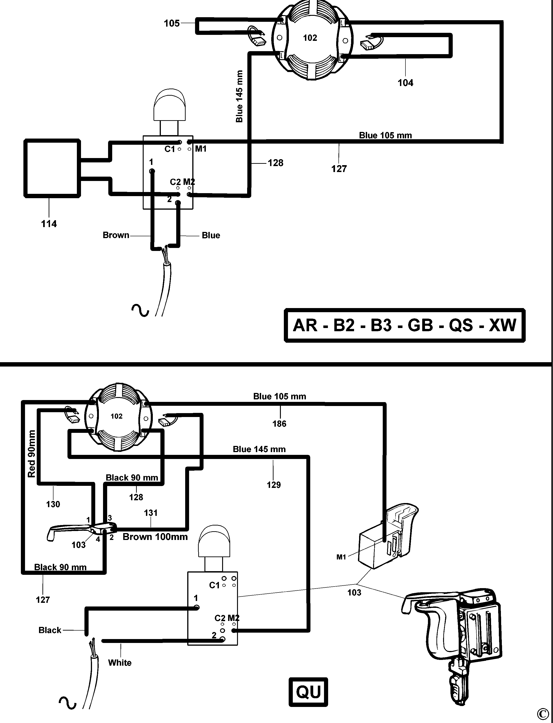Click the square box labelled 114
(52, 168)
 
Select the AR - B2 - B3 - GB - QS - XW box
(404, 325)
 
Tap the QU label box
(308, 692)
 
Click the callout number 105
(172, 23)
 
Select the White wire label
(120, 662)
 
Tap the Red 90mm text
(32, 453)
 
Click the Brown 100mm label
(155, 537)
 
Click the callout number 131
(151, 513)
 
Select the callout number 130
(53, 504)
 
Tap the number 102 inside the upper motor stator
(310, 38)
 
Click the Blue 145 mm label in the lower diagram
(259, 449)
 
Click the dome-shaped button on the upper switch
(170, 105)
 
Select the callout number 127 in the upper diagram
(339, 169)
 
